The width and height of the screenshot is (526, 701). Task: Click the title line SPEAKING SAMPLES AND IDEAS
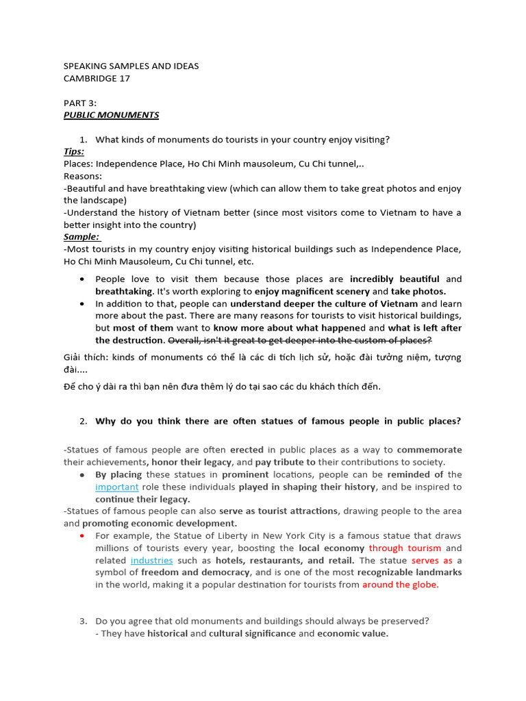click(x=131, y=66)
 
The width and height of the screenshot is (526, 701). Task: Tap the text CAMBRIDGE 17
click(x=97, y=78)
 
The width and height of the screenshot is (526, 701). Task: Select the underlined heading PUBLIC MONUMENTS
click(x=111, y=115)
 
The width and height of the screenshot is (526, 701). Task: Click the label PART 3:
click(x=80, y=103)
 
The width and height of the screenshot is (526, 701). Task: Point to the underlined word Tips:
click(x=74, y=151)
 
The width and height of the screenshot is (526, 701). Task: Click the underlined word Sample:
click(x=82, y=236)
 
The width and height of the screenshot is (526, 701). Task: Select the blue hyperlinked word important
click(x=117, y=487)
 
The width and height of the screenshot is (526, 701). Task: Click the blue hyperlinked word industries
click(x=151, y=560)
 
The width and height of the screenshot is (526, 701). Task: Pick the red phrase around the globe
click(x=400, y=585)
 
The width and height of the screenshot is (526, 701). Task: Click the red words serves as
click(x=432, y=560)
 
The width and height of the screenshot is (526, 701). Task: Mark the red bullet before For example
click(x=82, y=535)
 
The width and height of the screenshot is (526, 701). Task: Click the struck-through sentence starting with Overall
click(x=300, y=340)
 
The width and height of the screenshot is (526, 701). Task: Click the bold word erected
click(x=247, y=450)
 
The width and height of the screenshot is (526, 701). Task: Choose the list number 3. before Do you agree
click(x=83, y=621)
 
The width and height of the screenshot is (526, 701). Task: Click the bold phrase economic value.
click(x=352, y=633)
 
